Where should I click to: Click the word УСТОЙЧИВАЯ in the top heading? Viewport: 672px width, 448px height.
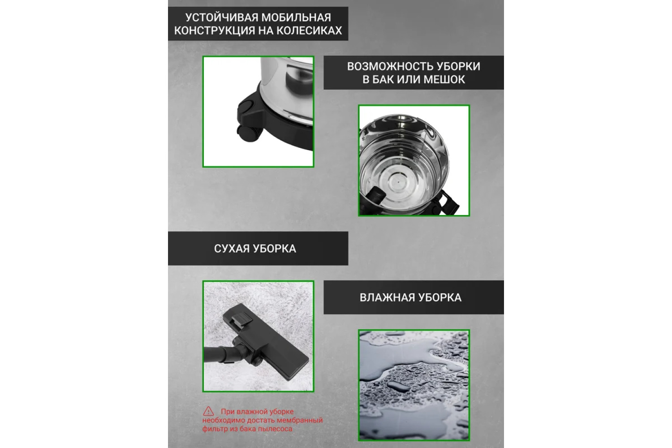221,17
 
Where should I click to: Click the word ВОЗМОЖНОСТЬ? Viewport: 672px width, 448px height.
386,66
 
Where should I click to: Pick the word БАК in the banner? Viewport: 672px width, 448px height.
383,79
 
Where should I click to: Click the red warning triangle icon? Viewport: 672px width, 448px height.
208,411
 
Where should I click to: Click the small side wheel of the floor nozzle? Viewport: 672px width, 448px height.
257,361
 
